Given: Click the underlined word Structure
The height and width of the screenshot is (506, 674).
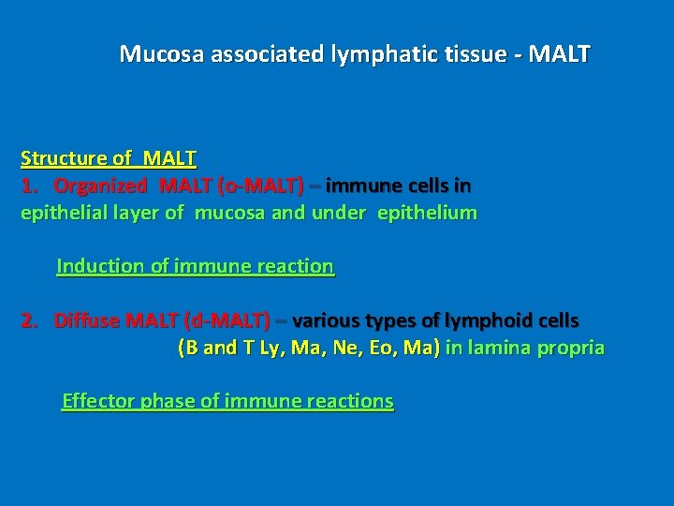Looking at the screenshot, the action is click(60, 158).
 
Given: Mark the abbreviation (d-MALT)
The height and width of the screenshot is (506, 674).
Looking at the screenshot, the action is click(229, 320).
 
